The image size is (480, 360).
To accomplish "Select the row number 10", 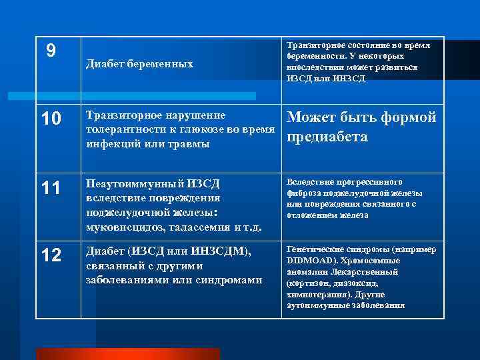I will point(51,120).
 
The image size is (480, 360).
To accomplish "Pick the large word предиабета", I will point(327,137).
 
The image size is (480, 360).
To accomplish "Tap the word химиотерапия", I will point(315,294).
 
